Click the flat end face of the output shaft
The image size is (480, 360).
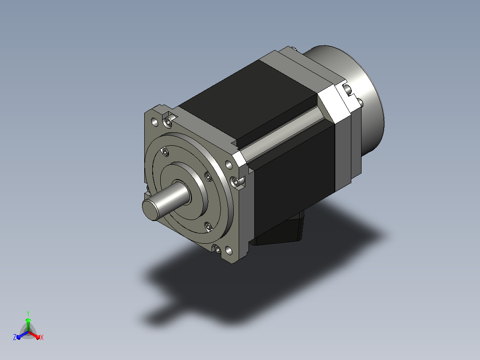click(151, 210)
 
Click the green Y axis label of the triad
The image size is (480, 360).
click(28, 313)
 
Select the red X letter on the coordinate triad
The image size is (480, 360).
click(42, 337)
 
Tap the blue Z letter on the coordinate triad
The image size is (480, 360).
click(15, 337)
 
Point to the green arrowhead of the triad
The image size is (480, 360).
click(28, 320)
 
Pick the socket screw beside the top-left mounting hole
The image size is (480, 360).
click(168, 122)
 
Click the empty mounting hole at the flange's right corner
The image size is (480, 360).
click(229, 165)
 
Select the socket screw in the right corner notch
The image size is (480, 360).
click(236, 182)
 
